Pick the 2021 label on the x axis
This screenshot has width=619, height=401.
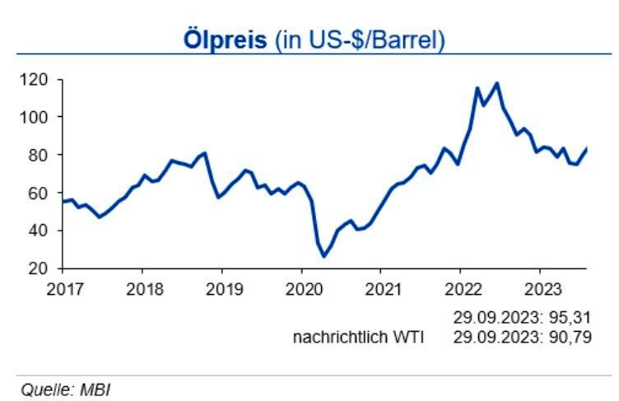click(x=380, y=289)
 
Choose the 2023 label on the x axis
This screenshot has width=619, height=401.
click(x=539, y=289)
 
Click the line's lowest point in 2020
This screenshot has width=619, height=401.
click(x=323, y=256)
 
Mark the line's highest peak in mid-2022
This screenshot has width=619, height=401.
click(x=496, y=83)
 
